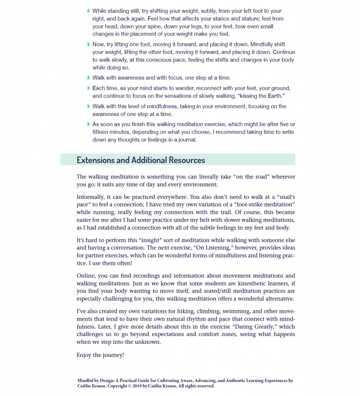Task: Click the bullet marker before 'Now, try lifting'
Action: [x=89, y=44]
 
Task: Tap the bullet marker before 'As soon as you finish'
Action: [x=89, y=124]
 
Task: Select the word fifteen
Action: [x=101, y=132]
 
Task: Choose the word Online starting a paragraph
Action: [x=86, y=276]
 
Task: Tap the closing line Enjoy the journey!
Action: [x=100, y=355]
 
